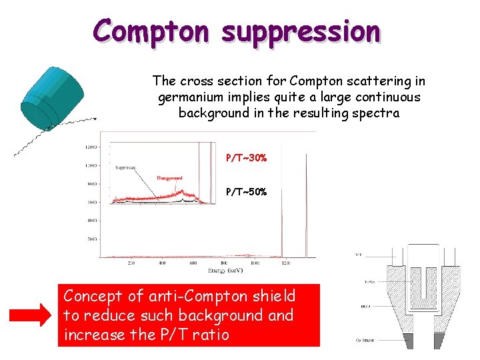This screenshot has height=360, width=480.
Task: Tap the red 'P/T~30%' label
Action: [246, 158]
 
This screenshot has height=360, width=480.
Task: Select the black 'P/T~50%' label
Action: [246, 192]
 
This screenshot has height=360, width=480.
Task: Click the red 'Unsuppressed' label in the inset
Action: [169, 178]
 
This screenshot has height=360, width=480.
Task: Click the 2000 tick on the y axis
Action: [89, 237]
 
